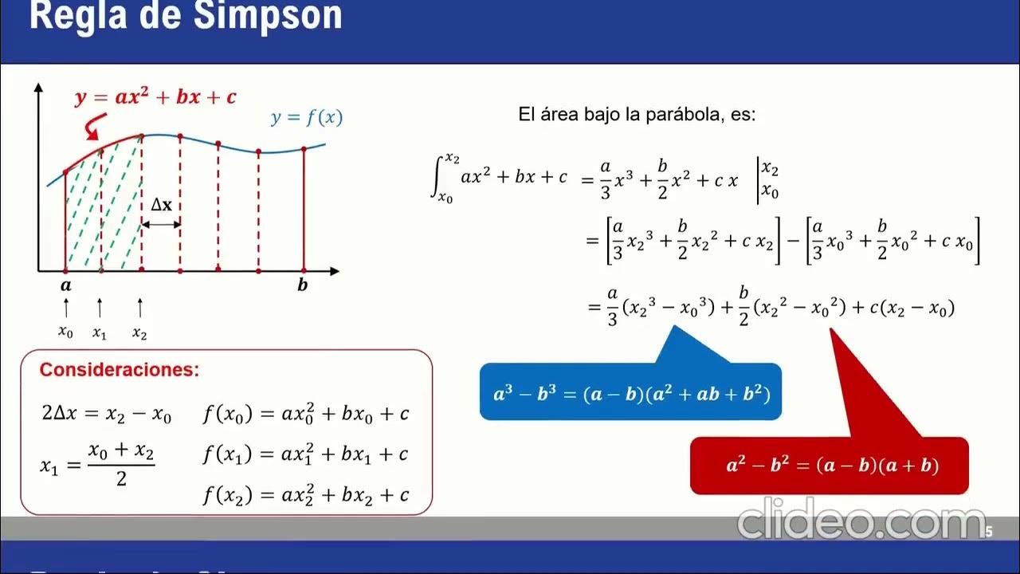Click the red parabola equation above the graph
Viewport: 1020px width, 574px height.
click(155, 97)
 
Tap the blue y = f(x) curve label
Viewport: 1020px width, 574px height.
click(307, 118)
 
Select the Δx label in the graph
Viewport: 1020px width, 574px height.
click(162, 205)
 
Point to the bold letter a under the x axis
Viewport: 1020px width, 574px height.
click(65, 285)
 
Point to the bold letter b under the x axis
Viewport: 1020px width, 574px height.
click(303, 285)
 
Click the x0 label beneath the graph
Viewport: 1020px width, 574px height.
click(65, 332)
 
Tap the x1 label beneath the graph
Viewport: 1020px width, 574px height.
click(100, 332)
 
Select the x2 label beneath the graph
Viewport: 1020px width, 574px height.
click(139, 332)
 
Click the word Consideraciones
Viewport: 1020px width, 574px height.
click(120, 370)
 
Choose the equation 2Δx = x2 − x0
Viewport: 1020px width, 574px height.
click(106, 415)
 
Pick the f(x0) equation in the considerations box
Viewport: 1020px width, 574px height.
click(306, 414)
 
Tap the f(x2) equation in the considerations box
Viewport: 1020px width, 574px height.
click(306, 495)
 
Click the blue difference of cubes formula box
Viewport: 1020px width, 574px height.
click(630, 393)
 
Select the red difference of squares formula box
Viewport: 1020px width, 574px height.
click(829, 466)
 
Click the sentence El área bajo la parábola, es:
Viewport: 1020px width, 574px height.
click(637, 115)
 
